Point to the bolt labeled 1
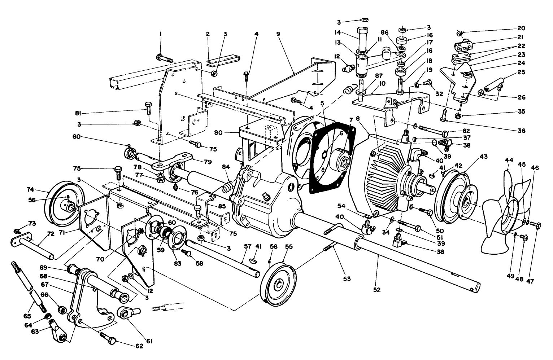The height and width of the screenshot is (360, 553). click(164, 57)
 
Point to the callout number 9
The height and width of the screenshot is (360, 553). click(278, 34)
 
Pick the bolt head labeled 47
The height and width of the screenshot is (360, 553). click(537, 226)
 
